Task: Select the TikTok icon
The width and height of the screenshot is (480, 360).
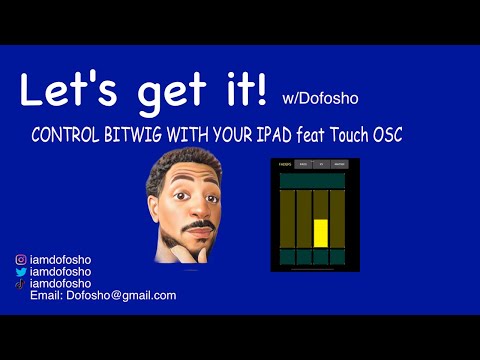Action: pos(20,284)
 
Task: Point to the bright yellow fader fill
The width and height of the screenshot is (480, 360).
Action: pos(321,233)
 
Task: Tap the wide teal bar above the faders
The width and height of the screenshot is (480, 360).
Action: pos(312,182)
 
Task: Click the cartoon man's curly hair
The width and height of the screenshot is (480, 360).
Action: pos(181,165)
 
